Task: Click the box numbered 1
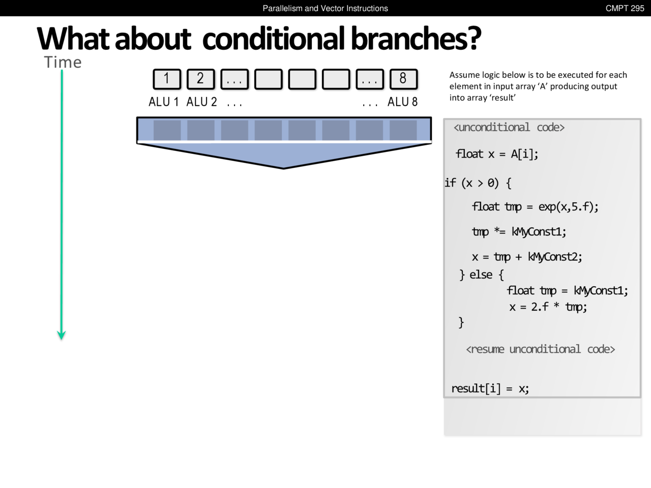167,79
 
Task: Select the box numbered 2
201,79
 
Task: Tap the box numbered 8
404,79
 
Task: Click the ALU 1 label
164,102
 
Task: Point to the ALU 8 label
402,102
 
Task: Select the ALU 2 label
202,102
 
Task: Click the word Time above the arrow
63,62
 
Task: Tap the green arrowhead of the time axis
62,335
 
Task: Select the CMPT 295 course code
625,8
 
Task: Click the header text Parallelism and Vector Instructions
325,8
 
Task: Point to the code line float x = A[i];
497,154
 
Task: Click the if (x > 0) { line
478,183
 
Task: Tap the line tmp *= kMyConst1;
519,232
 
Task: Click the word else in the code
481,274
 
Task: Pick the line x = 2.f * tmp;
548,307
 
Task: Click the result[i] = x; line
490,388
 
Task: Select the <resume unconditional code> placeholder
540,349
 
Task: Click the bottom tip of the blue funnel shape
283,169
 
